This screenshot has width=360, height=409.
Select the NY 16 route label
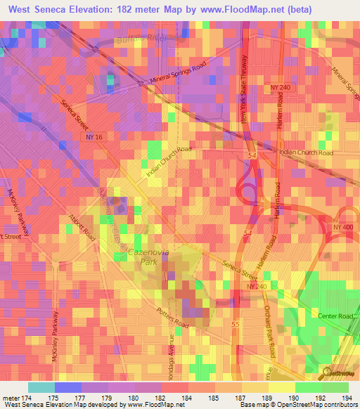(94, 141)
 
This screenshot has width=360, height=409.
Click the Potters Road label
(173, 318)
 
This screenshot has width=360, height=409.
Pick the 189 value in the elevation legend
(271, 397)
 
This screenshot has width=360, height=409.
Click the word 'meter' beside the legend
(12, 397)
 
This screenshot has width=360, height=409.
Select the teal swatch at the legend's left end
(41, 387)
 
